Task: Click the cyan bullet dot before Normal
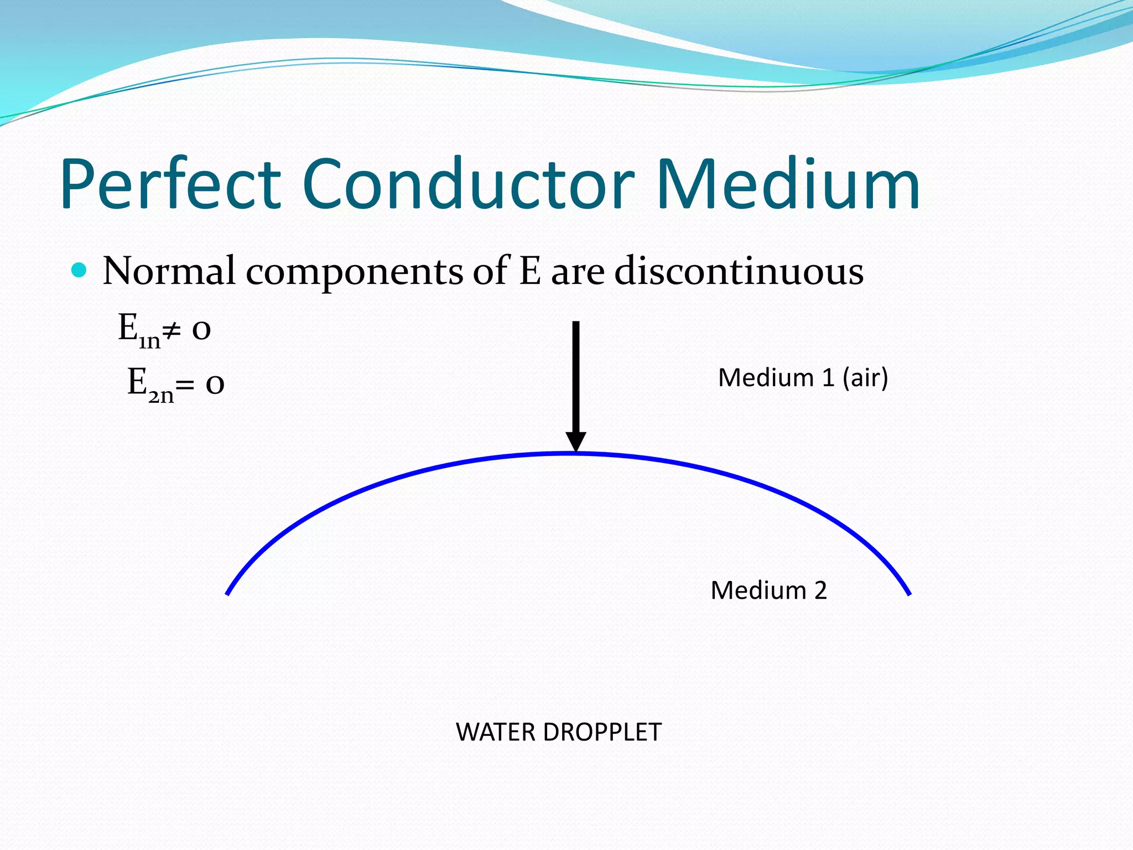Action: coord(80,270)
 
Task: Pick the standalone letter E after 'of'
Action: coord(529,271)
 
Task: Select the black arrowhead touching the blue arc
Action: coord(575,442)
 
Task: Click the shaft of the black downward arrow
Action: coord(575,376)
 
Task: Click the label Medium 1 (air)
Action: coord(803,378)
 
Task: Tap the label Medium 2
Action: coord(768,590)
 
